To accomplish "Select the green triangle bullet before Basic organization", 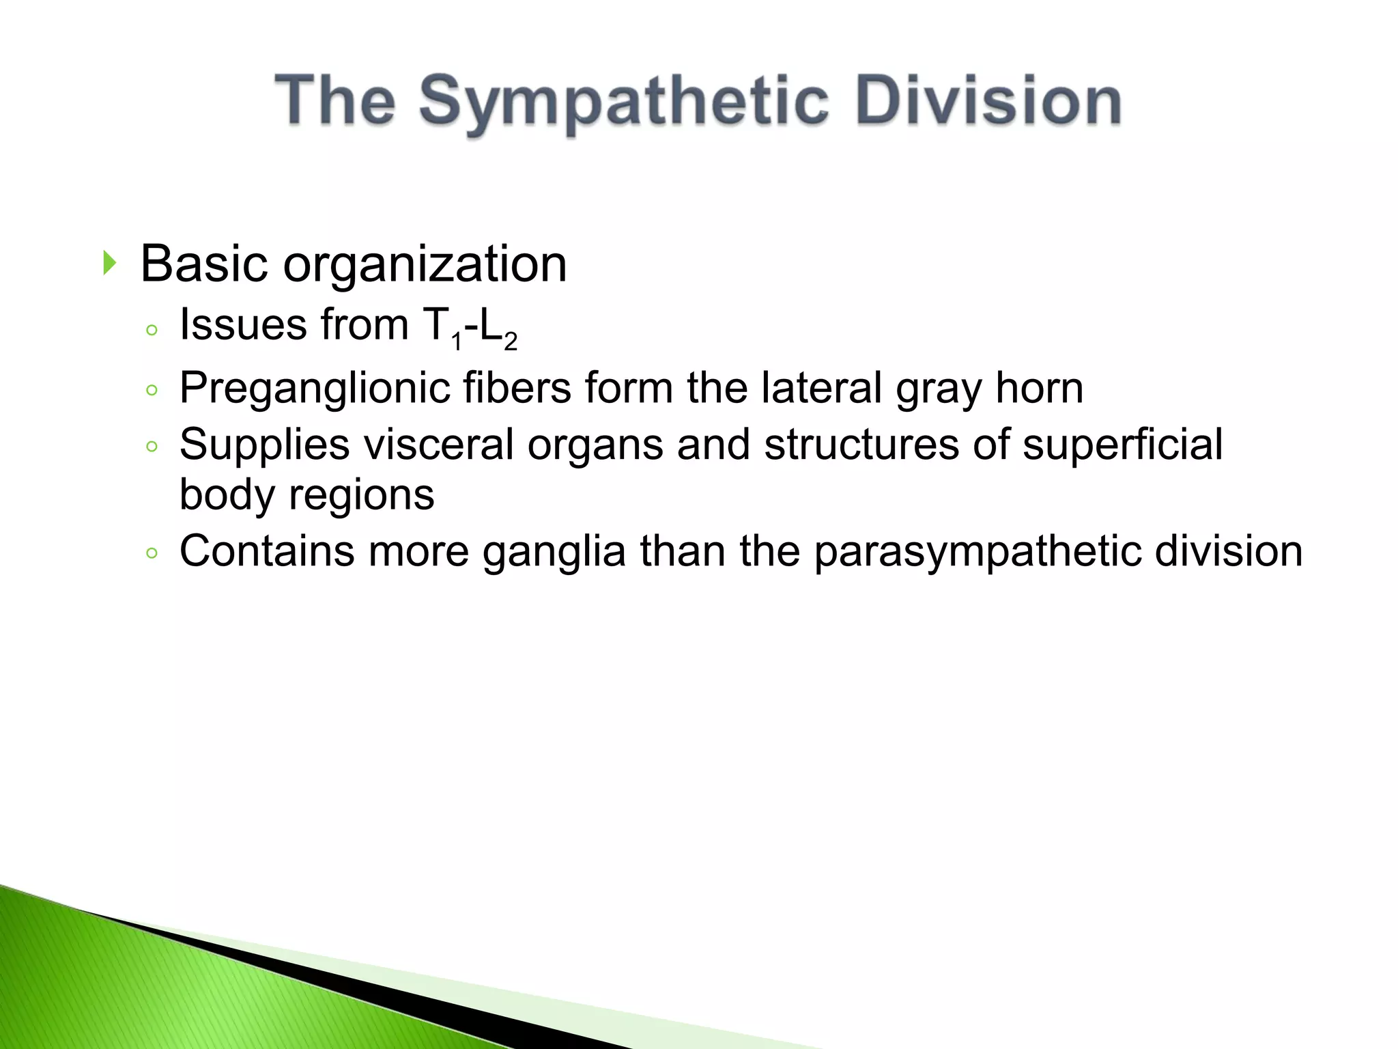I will (x=109, y=263).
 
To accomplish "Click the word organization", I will (x=425, y=264).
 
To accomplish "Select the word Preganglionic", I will (x=314, y=389).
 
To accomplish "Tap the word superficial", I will (x=1122, y=444).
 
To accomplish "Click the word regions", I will (x=361, y=494).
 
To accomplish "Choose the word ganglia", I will (x=554, y=551).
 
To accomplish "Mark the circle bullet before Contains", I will (x=152, y=553).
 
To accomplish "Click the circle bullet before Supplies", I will (x=152, y=447).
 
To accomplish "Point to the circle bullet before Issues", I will (x=152, y=331).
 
